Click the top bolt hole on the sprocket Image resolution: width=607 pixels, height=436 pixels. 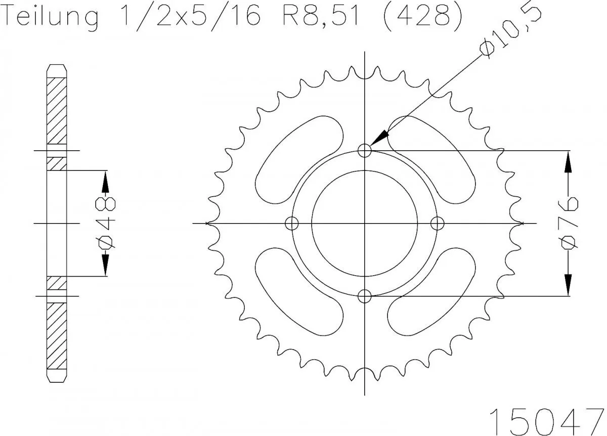point(365,150)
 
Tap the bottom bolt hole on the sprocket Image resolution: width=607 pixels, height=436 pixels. point(365,296)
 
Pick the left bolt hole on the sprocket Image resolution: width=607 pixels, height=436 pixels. point(292,223)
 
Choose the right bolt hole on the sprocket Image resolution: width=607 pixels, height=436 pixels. point(438,223)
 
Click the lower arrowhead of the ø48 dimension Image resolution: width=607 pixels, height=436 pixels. point(106,266)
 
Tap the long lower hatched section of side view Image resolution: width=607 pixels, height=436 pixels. point(57,336)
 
